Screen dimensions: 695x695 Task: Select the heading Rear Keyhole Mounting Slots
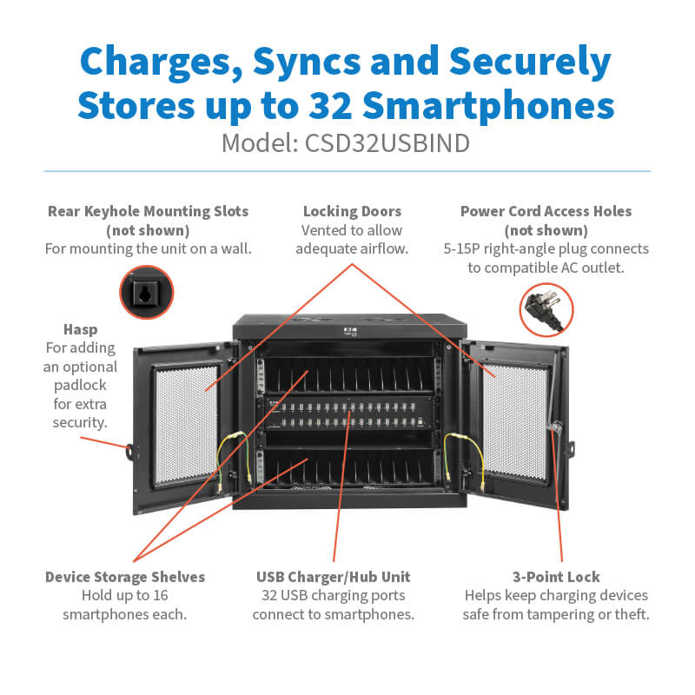tap(148, 211)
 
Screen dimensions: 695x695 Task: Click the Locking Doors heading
tap(352, 211)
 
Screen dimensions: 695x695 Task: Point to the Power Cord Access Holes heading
tap(546, 211)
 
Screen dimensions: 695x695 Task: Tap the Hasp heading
tap(80, 329)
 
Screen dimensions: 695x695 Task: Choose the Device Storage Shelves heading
tap(125, 577)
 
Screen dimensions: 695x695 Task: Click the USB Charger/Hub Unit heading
tap(334, 577)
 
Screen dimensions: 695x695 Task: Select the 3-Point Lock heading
tap(557, 577)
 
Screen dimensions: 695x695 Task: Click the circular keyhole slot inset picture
tap(146, 292)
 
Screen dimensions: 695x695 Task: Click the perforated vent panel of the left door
tap(186, 424)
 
